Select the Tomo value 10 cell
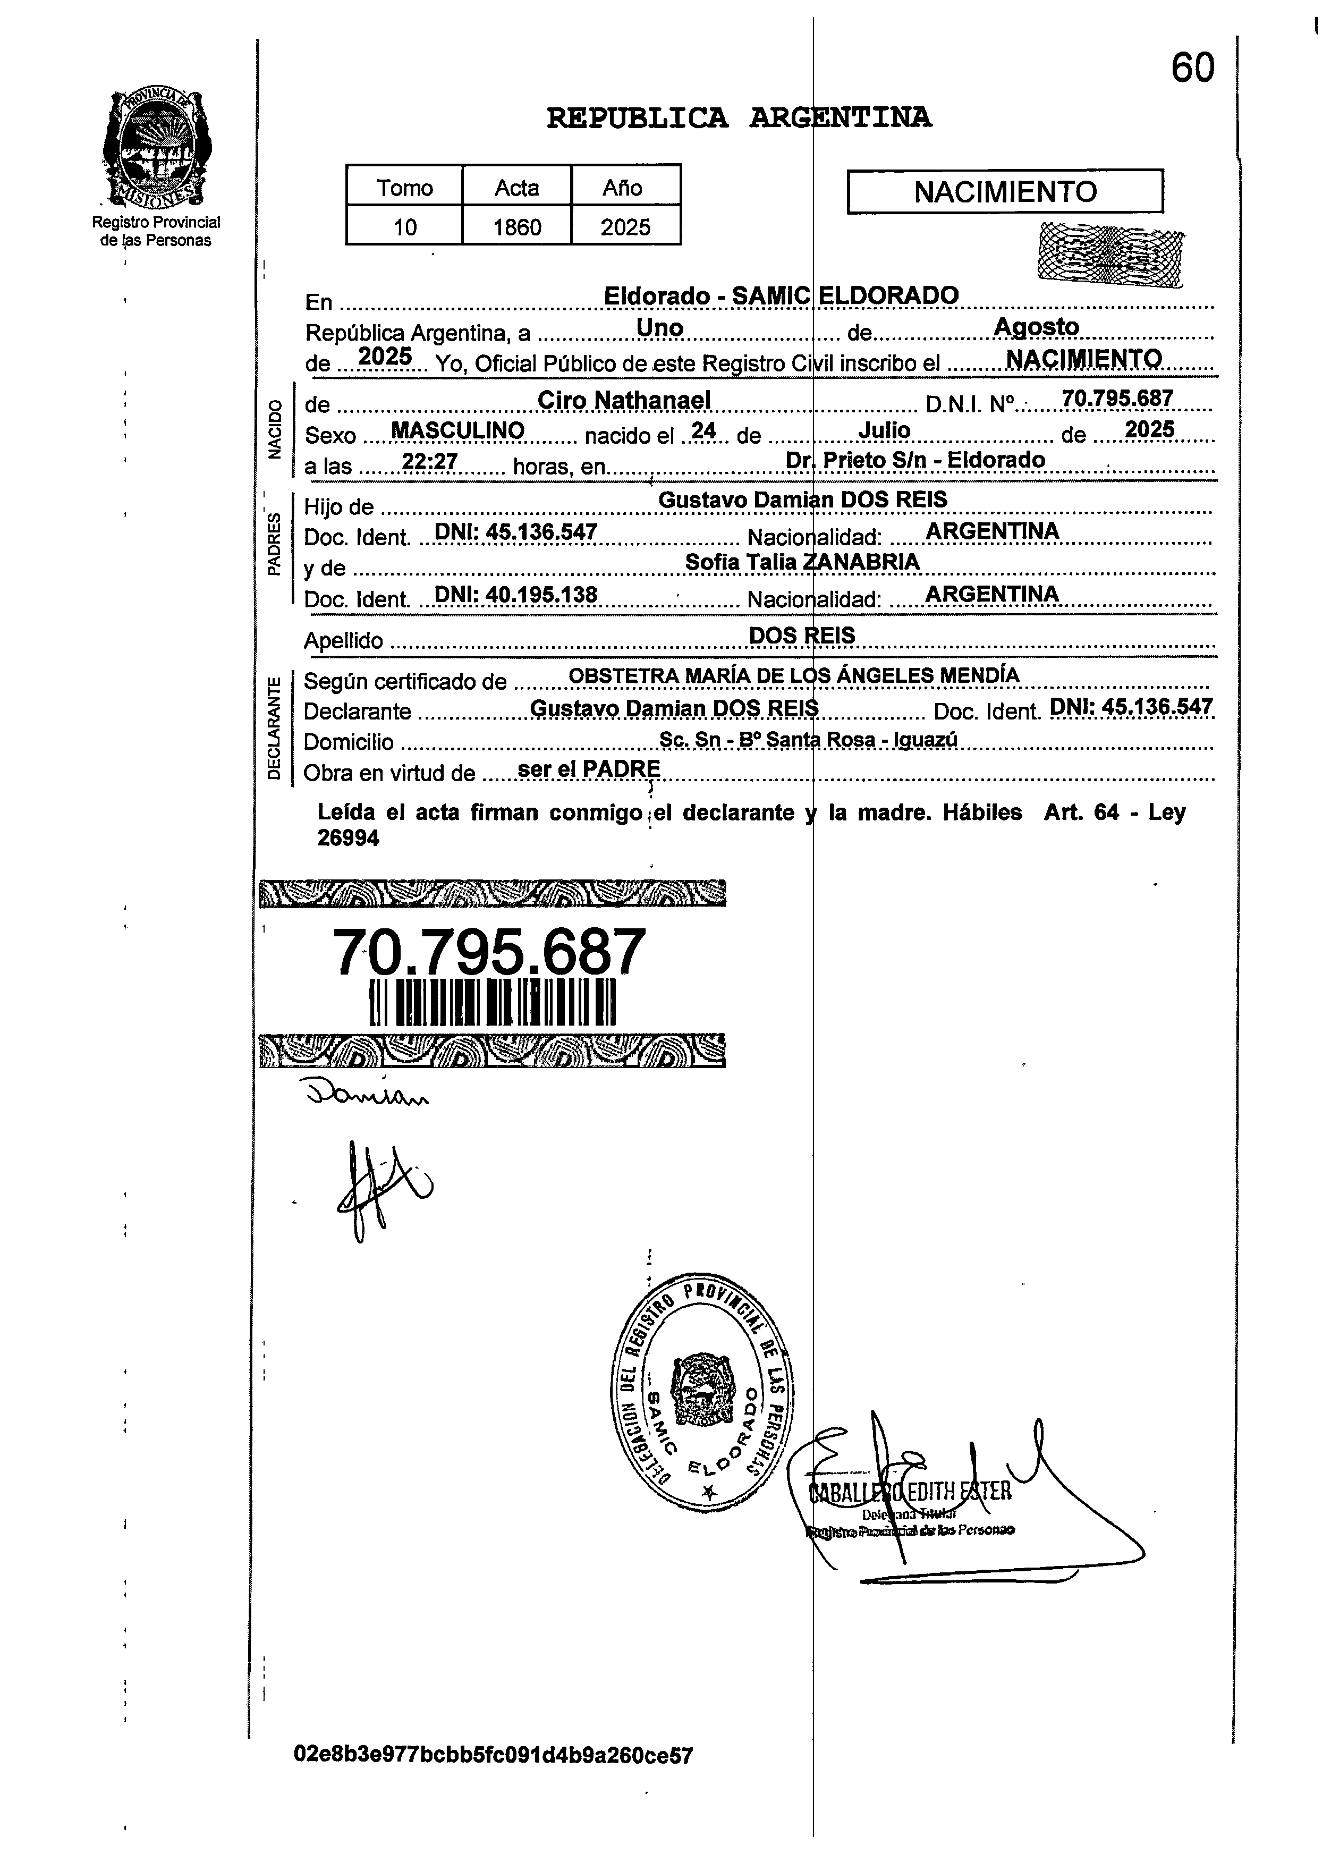(x=405, y=226)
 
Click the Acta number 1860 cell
(x=516, y=226)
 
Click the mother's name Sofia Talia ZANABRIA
(x=801, y=562)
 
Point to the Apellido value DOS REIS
(x=801, y=635)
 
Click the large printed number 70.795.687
(x=489, y=952)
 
